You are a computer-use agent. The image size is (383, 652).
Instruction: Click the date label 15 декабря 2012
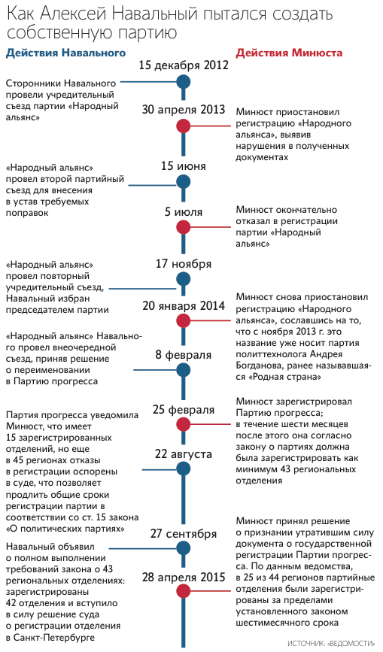pos(184,65)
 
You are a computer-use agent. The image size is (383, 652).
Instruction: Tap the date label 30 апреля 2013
pos(184,109)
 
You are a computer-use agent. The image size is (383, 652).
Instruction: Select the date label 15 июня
pos(184,166)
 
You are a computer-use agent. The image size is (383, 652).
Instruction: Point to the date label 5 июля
pos(184,211)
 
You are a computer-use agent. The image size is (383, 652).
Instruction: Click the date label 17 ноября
pos(184,264)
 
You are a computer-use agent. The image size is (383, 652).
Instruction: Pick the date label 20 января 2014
pos(184,305)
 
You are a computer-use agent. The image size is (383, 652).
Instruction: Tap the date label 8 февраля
pos(184,355)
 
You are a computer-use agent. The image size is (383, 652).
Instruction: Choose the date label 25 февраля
pos(184,409)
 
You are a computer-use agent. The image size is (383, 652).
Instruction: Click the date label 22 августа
pos(184,453)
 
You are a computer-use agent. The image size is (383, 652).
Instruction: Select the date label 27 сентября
pos(184,533)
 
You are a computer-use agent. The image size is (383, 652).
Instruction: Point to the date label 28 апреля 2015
pos(184,577)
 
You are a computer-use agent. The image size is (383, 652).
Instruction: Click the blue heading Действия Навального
pos(65,53)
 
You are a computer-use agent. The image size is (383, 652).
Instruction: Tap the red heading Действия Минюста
pos(290,53)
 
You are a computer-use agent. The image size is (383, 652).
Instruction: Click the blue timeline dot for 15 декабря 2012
pos(184,82)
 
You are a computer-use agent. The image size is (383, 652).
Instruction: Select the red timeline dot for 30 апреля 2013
pos(184,126)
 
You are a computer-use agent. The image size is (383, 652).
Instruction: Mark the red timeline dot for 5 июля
pos(184,227)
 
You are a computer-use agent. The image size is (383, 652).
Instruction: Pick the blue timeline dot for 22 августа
pos(184,469)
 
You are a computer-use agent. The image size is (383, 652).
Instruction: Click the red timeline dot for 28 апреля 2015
pos(184,591)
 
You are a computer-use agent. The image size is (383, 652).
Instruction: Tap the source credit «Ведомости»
pos(331,643)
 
